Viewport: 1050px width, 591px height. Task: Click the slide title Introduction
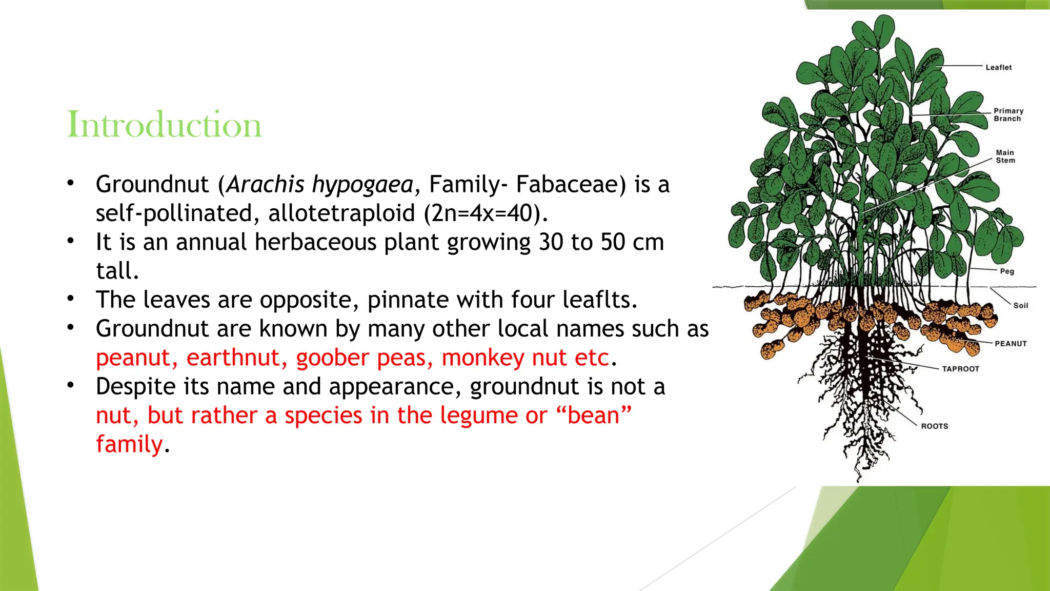(164, 125)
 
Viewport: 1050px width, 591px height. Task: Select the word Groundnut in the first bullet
(152, 185)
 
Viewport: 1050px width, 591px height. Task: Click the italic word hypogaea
(362, 185)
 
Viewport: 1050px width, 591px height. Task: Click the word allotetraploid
(341, 213)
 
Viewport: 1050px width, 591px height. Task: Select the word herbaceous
(315, 242)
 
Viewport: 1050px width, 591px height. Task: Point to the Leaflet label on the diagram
(998, 67)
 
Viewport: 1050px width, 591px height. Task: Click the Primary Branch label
(1008, 114)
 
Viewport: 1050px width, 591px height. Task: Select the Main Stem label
(1005, 156)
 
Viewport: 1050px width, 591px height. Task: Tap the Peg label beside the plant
(1007, 271)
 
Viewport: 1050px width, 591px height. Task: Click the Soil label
(1020, 305)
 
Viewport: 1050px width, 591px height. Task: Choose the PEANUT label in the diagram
(1011, 344)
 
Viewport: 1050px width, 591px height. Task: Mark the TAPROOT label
(960, 369)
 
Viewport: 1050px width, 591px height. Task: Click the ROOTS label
(934, 426)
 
